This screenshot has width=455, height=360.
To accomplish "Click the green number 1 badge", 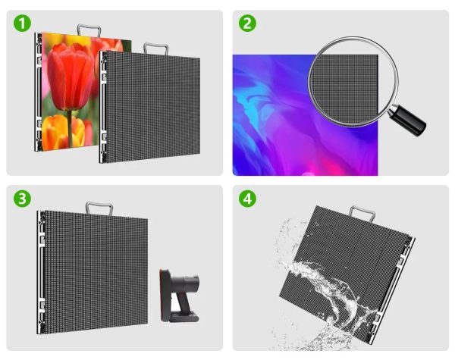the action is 22,23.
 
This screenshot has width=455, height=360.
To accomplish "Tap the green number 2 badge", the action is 247,23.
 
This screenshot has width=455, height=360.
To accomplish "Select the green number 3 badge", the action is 22,199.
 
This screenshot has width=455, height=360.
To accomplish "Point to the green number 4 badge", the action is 247,199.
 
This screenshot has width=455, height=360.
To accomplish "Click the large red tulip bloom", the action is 71,77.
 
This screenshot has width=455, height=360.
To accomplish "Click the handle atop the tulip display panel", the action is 89,30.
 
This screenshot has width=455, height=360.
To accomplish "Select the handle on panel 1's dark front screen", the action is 155,49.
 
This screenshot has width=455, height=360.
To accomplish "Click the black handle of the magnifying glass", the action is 408,121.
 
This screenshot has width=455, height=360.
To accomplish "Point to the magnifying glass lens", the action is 353,82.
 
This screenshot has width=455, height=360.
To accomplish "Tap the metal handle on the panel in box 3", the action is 99,208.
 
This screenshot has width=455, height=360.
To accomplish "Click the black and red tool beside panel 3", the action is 179,296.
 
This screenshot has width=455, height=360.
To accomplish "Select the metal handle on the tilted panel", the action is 362,213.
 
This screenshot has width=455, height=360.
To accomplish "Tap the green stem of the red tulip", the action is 70,128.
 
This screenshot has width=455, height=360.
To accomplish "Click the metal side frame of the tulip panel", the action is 39,92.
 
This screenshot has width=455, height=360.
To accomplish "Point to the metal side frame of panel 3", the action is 41,272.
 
